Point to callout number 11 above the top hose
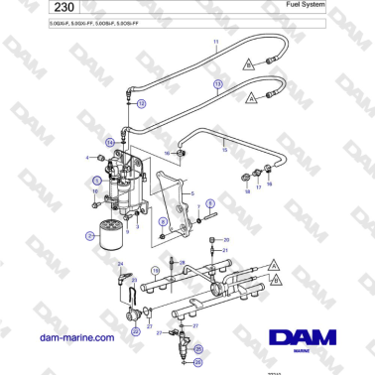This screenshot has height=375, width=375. pos(215,42)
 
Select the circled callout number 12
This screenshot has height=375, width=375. pos(141,103)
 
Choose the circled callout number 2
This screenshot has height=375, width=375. pos(89,235)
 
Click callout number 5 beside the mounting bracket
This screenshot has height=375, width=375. pos(192,194)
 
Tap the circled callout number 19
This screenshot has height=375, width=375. pos(156,270)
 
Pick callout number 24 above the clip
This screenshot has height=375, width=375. pos(121,264)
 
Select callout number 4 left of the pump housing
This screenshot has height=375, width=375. pos(88,158)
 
